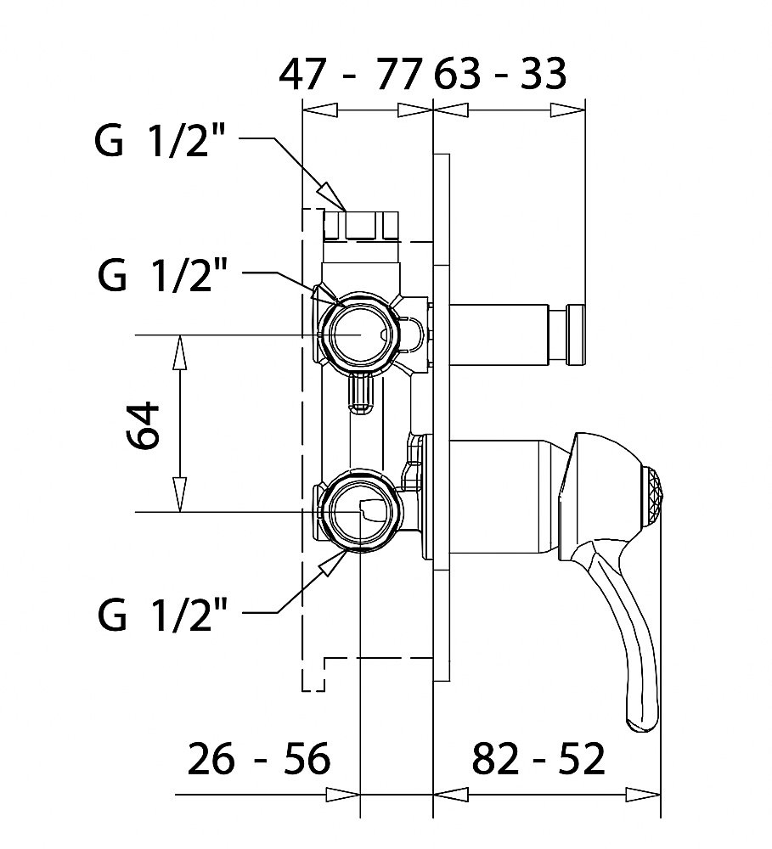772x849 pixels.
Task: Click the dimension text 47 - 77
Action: click(x=350, y=76)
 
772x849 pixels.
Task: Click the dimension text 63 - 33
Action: click(x=500, y=76)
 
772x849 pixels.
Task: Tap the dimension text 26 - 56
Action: click(x=259, y=758)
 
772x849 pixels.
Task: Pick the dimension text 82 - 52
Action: click(x=538, y=758)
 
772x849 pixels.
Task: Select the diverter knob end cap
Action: click(x=574, y=335)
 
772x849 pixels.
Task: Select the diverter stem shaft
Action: click(x=497, y=335)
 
